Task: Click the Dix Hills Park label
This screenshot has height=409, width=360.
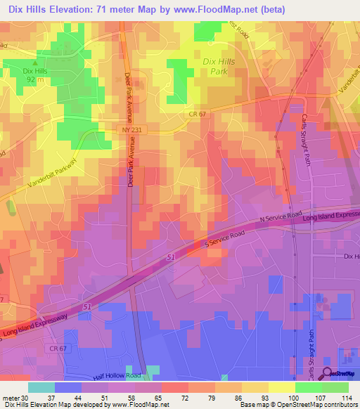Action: (x=219, y=67)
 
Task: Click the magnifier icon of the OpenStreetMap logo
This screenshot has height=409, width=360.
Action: (x=328, y=373)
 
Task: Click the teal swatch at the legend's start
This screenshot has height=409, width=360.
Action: (x=41, y=387)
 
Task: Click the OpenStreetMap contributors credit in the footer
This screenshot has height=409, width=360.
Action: (x=307, y=405)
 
